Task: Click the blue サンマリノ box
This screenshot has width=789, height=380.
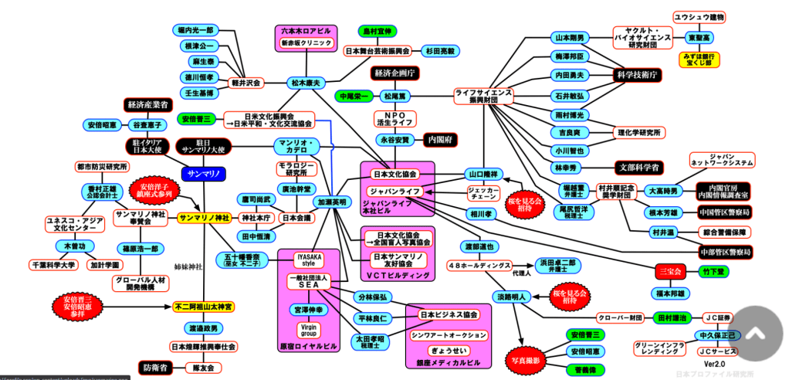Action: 203,174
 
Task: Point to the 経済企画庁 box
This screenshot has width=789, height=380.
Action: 394,73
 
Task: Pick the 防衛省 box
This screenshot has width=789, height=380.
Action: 156,368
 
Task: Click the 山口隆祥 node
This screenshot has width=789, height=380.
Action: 485,174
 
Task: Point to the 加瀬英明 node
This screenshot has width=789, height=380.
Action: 331,202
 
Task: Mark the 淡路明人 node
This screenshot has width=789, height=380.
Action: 511,296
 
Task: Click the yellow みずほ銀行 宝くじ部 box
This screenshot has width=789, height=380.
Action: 700,59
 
